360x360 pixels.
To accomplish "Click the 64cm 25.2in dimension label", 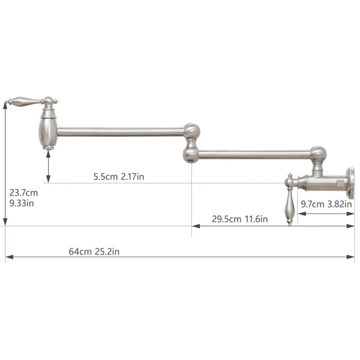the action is [x=94, y=251].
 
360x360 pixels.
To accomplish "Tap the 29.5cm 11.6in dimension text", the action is [x=239, y=219].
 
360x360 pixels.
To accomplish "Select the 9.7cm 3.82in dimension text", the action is [x=326, y=204].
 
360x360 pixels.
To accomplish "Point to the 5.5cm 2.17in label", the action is [x=119, y=176].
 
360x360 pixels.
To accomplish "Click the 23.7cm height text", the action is [x=23, y=193].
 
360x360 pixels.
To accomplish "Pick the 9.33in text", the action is [x=22, y=203].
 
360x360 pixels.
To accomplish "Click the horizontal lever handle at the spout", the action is [x=25, y=101].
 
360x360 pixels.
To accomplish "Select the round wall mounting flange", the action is [x=350, y=183].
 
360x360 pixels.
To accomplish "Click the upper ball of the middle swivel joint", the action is [x=192, y=131].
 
